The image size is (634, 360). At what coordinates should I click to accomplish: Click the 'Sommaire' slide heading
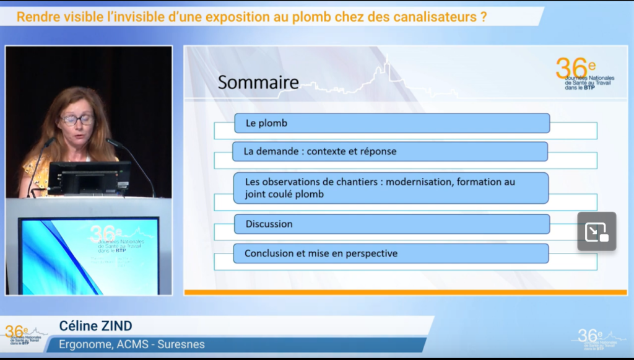pyautogui.click(x=258, y=82)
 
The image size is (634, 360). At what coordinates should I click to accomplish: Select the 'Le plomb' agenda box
pyautogui.click(x=391, y=123)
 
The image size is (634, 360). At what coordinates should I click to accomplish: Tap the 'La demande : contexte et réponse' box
pyautogui.click(x=389, y=151)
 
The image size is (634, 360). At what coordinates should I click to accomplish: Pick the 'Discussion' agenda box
pyautogui.click(x=391, y=224)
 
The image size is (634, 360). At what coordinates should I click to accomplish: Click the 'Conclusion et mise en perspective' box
pyautogui.click(x=391, y=253)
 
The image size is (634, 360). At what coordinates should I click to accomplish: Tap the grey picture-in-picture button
pyautogui.click(x=596, y=231)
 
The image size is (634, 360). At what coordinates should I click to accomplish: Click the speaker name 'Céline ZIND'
pyautogui.click(x=95, y=326)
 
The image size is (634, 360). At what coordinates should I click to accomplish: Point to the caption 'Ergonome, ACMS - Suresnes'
pyautogui.click(x=131, y=345)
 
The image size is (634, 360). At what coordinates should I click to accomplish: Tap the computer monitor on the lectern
pyautogui.click(x=89, y=178)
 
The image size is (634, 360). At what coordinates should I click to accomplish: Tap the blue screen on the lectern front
pyautogui.click(x=89, y=255)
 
